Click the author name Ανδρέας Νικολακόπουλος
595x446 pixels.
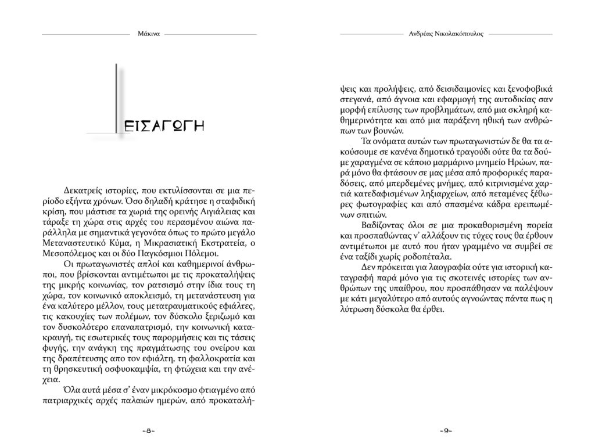coord(446,34)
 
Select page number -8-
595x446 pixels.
coord(148,430)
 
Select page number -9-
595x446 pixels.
coord(446,430)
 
